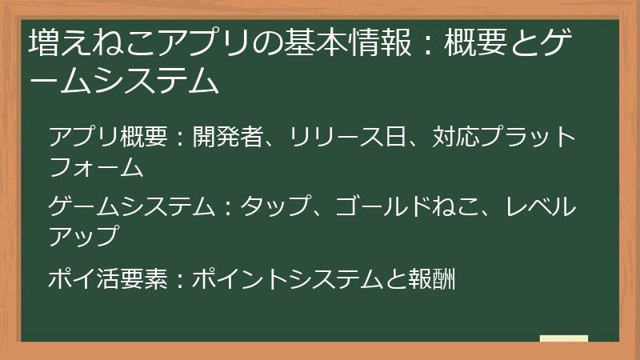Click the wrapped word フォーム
(x=96, y=167)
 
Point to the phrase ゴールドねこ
(x=410, y=207)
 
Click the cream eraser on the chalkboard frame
(x=564, y=338)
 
